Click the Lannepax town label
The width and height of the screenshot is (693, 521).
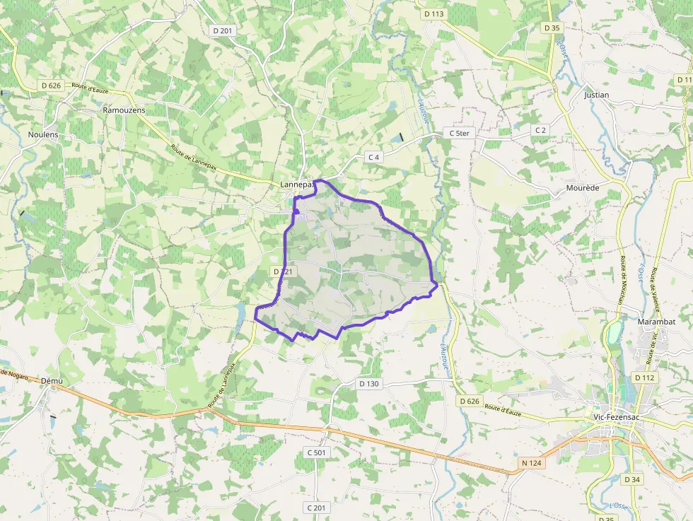[297, 185]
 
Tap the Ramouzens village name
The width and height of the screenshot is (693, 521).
[124, 110]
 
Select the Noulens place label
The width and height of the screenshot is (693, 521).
[43, 134]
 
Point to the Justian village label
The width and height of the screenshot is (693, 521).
[597, 95]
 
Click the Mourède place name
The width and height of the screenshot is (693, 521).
[583, 188]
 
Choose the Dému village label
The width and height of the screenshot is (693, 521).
[52, 381]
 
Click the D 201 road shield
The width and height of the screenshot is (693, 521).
[222, 30]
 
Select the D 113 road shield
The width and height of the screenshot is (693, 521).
[434, 13]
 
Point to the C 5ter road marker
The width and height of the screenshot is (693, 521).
[460, 133]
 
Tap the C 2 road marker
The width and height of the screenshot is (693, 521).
[541, 130]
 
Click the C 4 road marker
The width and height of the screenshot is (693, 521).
[375, 157]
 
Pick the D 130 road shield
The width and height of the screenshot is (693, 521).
[369, 384]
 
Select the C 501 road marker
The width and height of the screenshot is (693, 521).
[318, 452]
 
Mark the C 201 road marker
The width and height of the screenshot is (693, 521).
[318, 508]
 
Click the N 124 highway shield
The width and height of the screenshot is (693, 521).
[531, 463]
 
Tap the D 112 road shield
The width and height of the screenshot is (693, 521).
[645, 377]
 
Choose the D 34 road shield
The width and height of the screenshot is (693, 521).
[632, 479]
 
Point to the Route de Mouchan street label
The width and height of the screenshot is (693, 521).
[622, 280]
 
